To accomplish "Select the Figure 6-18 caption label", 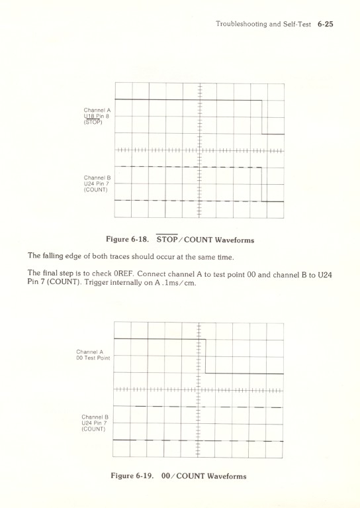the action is click(x=128, y=239).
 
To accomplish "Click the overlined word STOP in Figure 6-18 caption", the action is click(x=169, y=239).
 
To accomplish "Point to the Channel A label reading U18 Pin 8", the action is click(x=97, y=116).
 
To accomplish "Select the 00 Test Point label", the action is click(x=93, y=358).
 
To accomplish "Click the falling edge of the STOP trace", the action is click(x=262, y=117).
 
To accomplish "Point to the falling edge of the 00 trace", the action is click(x=205, y=356).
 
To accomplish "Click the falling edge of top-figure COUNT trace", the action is click(x=262, y=183).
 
